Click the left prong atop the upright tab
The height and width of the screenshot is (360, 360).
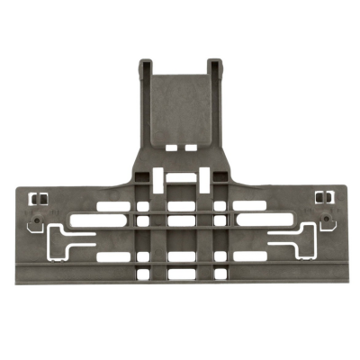pyautogui.click(x=147, y=67)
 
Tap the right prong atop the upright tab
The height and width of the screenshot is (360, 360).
pyautogui.click(x=213, y=67)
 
